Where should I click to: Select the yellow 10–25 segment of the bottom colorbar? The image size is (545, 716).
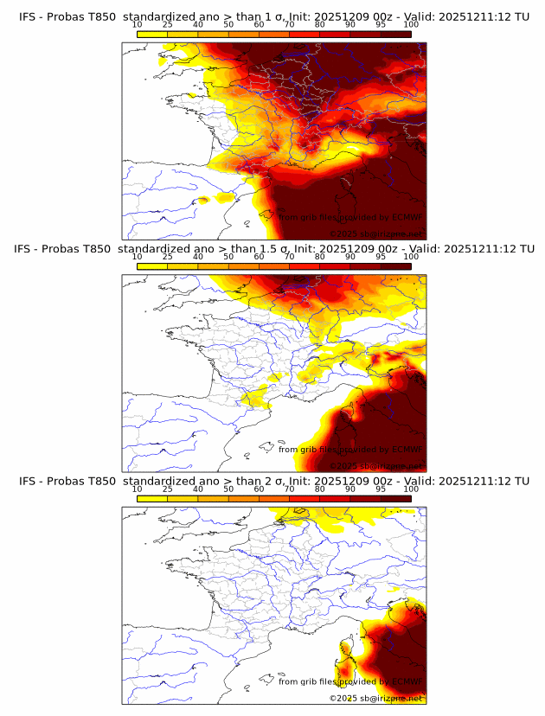point(152,498)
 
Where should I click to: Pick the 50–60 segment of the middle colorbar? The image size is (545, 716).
point(244,266)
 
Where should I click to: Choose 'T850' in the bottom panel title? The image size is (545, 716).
point(102,481)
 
